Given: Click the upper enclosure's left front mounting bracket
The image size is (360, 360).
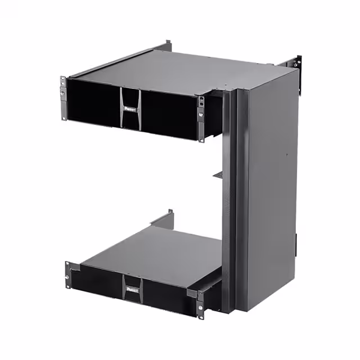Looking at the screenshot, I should (63, 98).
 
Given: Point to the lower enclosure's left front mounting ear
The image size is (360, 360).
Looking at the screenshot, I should (67, 275).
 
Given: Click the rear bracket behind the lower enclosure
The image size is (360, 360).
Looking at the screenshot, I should (168, 217).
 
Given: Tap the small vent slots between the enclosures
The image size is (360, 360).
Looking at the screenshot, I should (218, 176).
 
